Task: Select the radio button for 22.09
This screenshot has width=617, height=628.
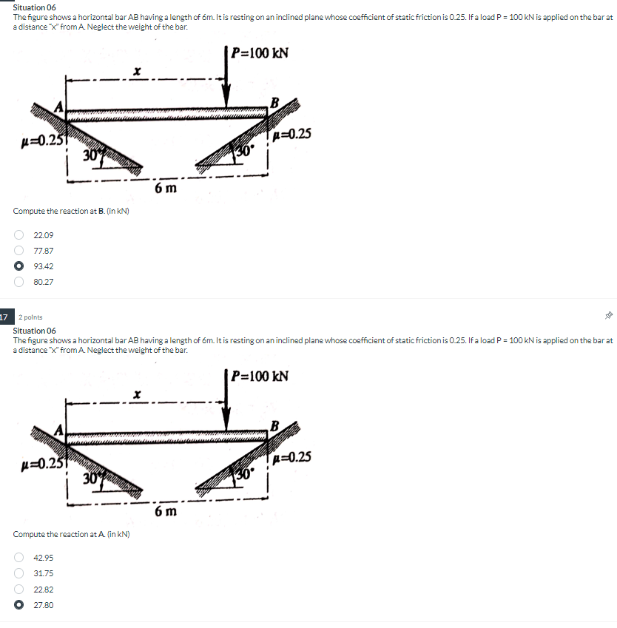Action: tap(18, 234)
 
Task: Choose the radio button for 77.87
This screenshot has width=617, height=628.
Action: tap(18, 250)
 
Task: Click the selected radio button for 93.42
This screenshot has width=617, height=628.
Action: tap(18, 266)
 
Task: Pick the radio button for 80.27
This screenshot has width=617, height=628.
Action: tap(18, 282)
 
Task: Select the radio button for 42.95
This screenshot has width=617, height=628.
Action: tap(18, 558)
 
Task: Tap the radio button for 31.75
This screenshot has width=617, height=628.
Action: tap(18, 573)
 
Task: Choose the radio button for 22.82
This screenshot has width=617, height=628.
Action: tap(18, 589)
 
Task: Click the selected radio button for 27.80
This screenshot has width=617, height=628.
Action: tap(18, 605)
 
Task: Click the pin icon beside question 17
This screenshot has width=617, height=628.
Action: tap(609, 316)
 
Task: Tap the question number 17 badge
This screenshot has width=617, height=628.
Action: tap(5, 317)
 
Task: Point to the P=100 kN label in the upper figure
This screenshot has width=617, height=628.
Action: tap(260, 53)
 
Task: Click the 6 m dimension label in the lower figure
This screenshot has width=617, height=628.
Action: tap(166, 511)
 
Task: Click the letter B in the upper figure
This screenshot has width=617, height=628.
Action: tap(275, 103)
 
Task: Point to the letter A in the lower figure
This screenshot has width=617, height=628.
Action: tap(59, 431)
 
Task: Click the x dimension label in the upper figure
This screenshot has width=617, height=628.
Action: tap(137, 71)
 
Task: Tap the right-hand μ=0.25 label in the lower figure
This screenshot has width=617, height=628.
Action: tap(291, 457)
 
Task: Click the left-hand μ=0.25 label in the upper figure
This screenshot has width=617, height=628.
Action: tap(42, 141)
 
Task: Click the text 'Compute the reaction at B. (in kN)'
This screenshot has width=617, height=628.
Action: tap(71, 211)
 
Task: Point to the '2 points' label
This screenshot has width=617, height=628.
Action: tap(30, 317)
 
